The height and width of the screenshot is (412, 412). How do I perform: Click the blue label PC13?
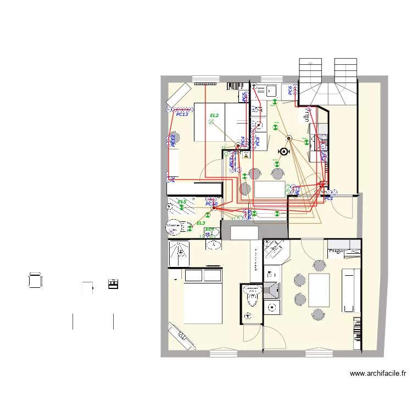tap(182, 114)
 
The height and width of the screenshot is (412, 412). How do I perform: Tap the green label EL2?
tap(214, 115)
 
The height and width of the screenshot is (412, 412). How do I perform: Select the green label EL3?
tap(201, 223)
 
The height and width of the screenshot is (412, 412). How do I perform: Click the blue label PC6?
tap(289, 91)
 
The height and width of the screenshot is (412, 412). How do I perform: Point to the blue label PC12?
tap(173, 141)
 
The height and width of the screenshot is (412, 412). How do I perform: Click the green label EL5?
tap(182, 202)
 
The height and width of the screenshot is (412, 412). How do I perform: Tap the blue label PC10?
tap(211, 204)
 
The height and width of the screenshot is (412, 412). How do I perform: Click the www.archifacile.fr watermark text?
tap(378, 374)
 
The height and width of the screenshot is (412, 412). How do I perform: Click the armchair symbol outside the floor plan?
tap(35, 280)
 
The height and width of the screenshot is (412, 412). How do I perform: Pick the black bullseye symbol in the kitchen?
tap(284, 152)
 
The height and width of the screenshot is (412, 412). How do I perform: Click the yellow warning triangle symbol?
tap(247, 156)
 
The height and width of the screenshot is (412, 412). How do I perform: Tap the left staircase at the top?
tap(309, 69)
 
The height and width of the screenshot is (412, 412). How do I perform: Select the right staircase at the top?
tap(346, 69)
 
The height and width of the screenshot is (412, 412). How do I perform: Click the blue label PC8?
tap(257, 141)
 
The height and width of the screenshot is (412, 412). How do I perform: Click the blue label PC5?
tap(244, 97)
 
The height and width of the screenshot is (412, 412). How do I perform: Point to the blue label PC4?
tap(242, 141)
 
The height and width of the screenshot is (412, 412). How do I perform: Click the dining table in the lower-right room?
tap(319, 290)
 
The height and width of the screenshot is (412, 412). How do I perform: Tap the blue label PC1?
tap(329, 198)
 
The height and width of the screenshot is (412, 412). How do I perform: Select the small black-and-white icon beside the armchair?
tap(113, 284)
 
